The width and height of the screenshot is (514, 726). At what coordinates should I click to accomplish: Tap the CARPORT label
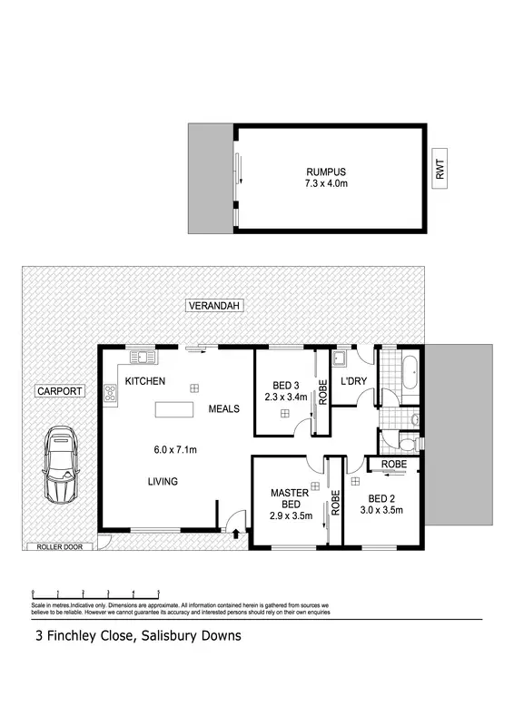tap(60, 392)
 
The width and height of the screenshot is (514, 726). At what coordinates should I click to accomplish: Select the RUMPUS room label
tap(325, 171)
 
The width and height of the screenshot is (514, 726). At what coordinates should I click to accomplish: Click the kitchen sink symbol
tap(141, 355)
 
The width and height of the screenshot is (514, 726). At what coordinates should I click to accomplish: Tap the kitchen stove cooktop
tap(111, 393)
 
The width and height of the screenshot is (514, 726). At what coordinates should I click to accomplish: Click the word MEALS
tap(223, 409)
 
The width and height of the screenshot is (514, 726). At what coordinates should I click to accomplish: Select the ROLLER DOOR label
tap(56, 547)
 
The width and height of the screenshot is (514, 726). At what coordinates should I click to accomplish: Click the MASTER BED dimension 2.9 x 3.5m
tap(292, 515)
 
